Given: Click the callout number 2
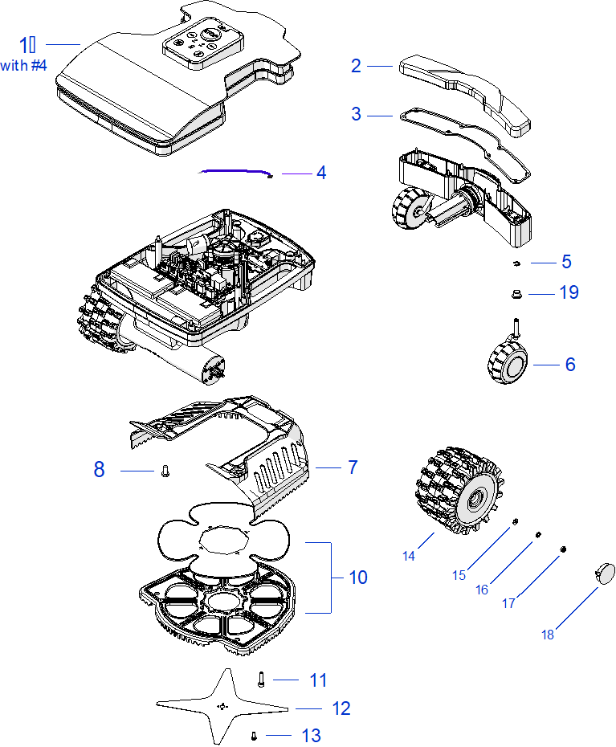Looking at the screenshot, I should point(356,67).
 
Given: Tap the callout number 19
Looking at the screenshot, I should point(569,293).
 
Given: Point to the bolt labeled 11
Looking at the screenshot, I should point(261,679).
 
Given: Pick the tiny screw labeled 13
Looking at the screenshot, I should point(254,734).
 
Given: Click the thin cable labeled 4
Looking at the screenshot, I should point(237,172).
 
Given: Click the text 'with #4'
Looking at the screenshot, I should point(24,66).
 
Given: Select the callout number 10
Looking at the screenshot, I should point(357,578).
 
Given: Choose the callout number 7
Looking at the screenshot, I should point(353,467).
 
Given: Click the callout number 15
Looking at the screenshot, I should point(459,575).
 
